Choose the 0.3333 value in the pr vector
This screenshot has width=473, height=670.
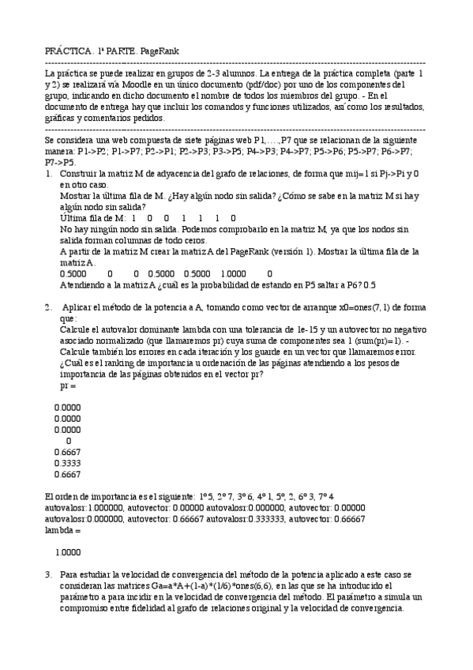pyautogui.click(x=68, y=464)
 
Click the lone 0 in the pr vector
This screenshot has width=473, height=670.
pyautogui.click(x=69, y=441)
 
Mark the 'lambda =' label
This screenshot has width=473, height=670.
pyautogui.click(x=62, y=530)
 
